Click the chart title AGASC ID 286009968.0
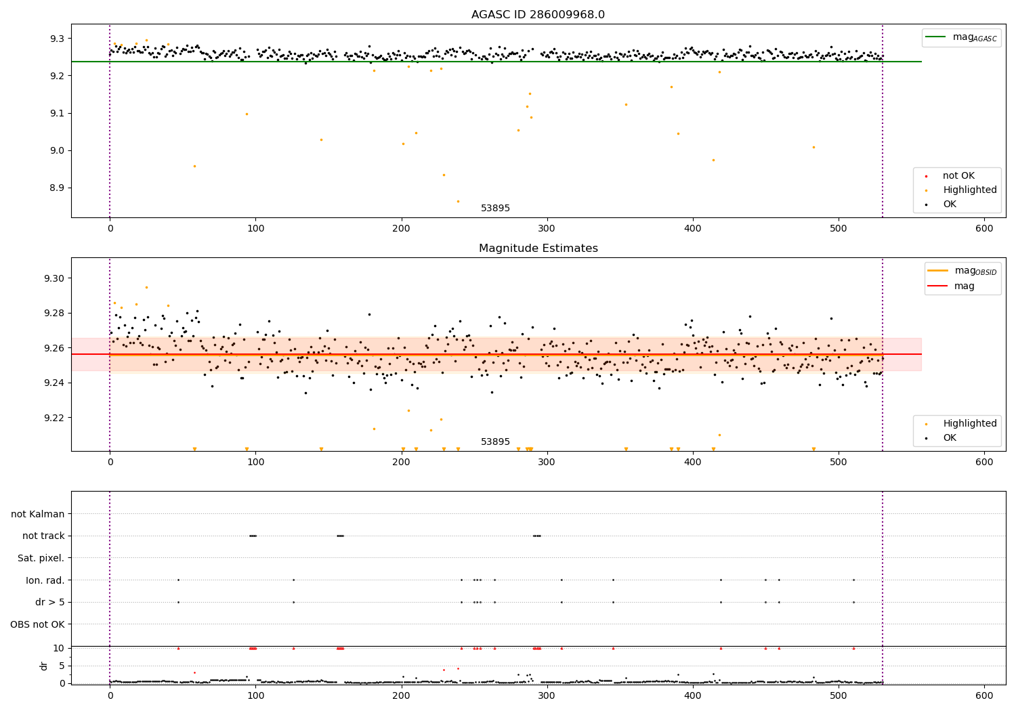pyautogui.click(x=538, y=15)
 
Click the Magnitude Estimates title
pyautogui.click(x=538, y=249)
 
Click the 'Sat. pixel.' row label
pyautogui.click(x=41, y=558)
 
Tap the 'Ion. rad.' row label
pyautogui.click(x=45, y=580)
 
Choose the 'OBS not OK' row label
pyautogui.click(x=37, y=624)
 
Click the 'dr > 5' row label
pyautogui.click(x=49, y=602)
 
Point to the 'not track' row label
pyautogui.click(x=43, y=536)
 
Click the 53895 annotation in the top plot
pyautogui.click(x=495, y=209)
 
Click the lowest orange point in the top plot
pyautogui.click(x=458, y=201)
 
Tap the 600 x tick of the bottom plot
pyautogui.click(x=984, y=695)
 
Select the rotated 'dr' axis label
pyautogui.click(x=44, y=666)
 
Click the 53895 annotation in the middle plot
pyautogui.click(x=495, y=442)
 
